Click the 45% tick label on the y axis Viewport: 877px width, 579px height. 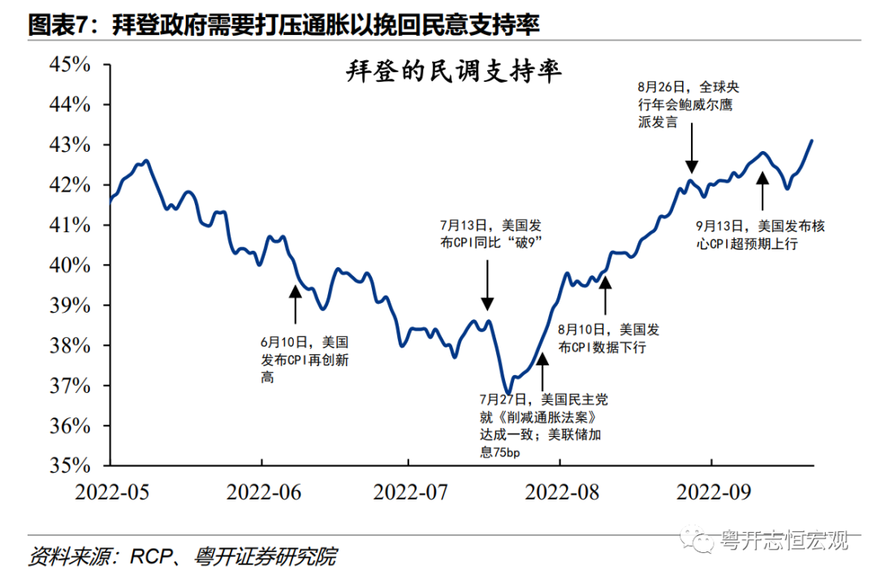point(71,65)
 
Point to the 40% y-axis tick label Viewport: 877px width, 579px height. point(71,266)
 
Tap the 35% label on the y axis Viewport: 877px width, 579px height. point(71,466)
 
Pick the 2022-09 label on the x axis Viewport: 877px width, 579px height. point(714,491)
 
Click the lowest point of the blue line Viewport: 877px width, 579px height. point(508,393)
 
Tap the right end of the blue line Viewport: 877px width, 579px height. point(812,140)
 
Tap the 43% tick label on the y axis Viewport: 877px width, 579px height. point(71,145)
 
